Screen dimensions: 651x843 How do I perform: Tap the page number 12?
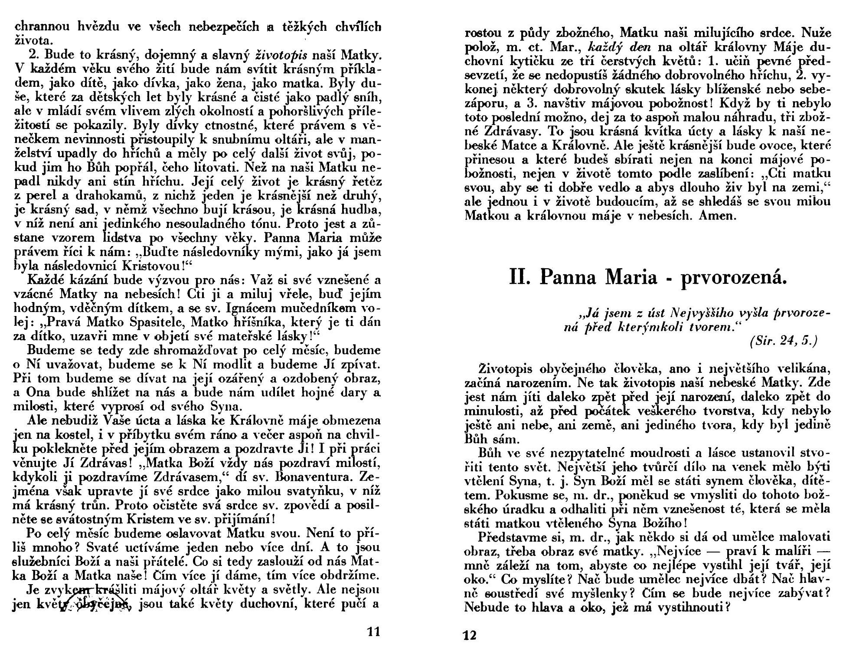click(x=470, y=636)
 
